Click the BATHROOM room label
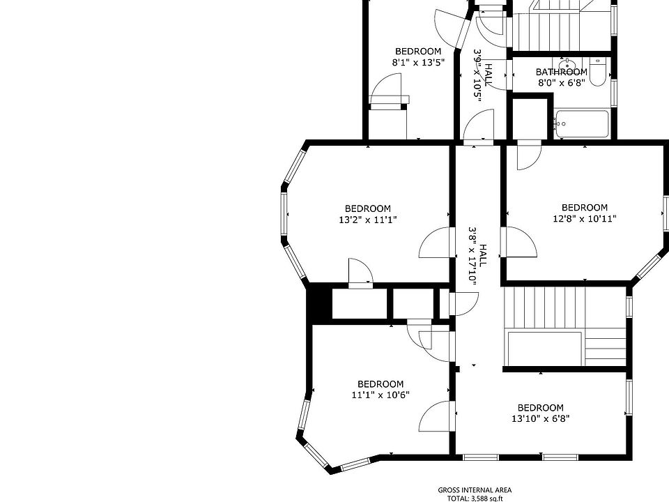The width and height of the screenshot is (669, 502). (561, 72)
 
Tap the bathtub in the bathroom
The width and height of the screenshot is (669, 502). (582, 125)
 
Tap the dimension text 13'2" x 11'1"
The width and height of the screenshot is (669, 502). (367, 220)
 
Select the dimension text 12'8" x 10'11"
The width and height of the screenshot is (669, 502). (584, 218)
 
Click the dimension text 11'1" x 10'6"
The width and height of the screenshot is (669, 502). (380, 395)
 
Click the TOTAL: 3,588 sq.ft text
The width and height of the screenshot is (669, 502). (475, 498)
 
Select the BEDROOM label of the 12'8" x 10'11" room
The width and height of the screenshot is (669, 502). (584, 207)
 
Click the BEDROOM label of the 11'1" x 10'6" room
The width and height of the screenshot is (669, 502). (380, 384)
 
